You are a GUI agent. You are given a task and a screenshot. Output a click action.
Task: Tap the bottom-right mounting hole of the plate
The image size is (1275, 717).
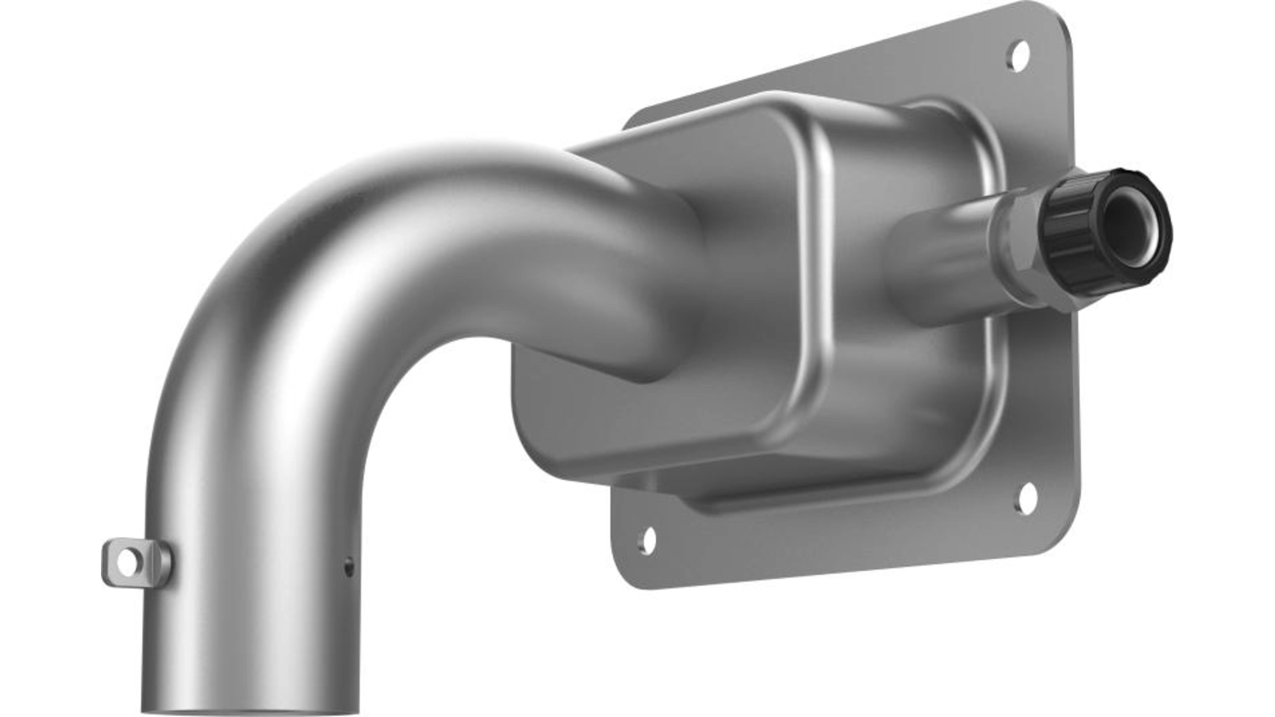pos(1027,498)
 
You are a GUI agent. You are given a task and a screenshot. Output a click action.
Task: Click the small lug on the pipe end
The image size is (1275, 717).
pos(136,562)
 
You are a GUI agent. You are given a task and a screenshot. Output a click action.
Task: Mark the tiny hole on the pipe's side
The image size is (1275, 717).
pos(349,566)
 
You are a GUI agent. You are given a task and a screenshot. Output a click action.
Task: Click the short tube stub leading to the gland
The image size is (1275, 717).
pos(943,259)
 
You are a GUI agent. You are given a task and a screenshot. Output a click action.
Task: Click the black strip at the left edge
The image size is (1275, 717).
pos(50,358)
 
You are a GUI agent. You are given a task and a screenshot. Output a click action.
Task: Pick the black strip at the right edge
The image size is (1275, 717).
pos(1225,358)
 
